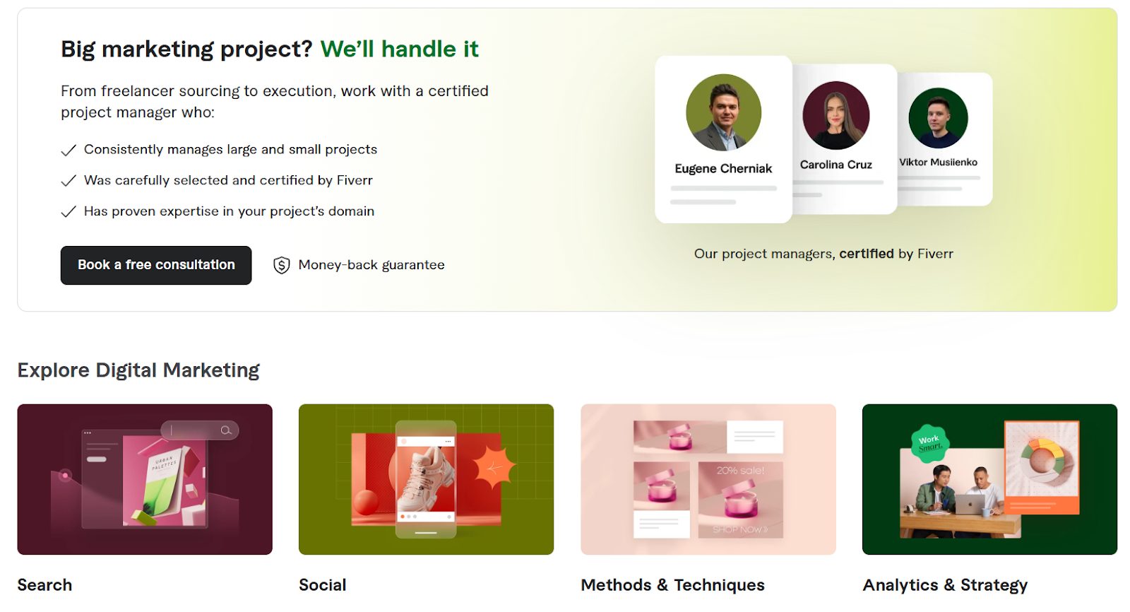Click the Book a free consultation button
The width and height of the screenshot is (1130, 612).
[x=156, y=265]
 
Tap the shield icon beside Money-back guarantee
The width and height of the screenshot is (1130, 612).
[x=282, y=265]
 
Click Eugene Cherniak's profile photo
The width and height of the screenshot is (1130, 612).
[x=723, y=112]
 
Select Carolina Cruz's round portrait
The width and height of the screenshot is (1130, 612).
[x=836, y=115]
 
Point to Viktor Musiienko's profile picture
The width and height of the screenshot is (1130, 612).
[x=939, y=117]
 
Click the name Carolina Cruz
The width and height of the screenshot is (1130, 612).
[x=836, y=165]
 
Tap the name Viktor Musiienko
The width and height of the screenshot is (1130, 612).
[x=939, y=162]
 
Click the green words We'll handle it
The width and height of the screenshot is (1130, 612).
[x=399, y=49]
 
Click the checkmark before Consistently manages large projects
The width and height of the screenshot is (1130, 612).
[x=69, y=150]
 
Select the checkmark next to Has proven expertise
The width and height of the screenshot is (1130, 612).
[x=69, y=211]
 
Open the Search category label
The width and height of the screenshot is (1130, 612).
[x=44, y=584]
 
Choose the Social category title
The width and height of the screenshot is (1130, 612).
[x=322, y=584]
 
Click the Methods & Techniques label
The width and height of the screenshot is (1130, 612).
[x=672, y=584]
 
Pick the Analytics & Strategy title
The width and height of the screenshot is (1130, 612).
[x=945, y=584]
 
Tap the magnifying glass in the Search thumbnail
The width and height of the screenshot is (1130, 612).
[x=226, y=430]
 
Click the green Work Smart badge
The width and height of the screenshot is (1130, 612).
[x=929, y=443]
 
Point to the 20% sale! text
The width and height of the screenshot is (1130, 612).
[x=741, y=471]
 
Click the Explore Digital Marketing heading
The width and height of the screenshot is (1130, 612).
[x=138, y=370]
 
